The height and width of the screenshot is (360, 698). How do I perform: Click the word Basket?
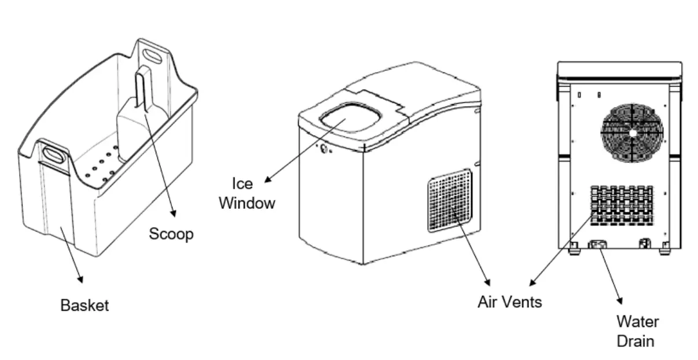[x=85, y=305]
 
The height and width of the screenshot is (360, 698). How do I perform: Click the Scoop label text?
[x=171, y=234]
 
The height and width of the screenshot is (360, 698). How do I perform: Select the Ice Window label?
[x=247, y=193]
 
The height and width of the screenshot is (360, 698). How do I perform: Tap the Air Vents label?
[x=509, y=302]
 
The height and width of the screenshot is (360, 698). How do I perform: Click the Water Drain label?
[x=637, y=330]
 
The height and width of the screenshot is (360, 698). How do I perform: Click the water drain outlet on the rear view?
[x=596, y=245]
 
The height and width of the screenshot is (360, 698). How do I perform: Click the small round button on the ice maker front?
[x=324, y=150]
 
